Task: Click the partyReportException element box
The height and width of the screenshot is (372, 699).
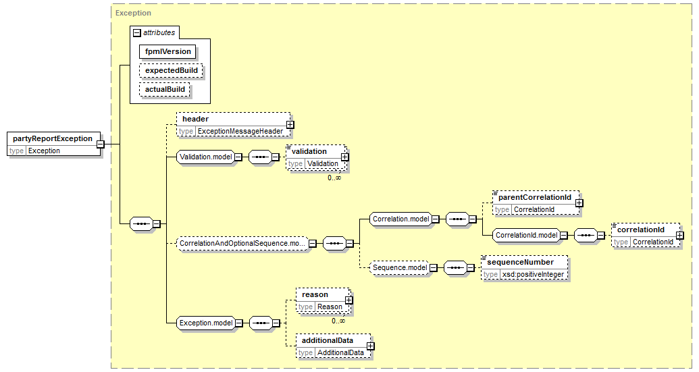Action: pos(54,144)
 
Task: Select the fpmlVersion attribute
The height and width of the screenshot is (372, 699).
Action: pos(167,52)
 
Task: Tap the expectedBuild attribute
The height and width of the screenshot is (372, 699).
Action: pos(171,70)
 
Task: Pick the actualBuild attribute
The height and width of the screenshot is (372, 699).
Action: pos(165,89)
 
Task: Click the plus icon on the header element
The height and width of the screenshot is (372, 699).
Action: pos(290,125)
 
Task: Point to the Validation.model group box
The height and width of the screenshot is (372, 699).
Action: pos(205,157)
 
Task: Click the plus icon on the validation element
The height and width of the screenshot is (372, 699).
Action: pos(344,157)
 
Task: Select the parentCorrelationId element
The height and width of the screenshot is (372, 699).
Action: pos(536,203)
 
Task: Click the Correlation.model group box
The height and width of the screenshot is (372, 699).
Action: pos(400,219)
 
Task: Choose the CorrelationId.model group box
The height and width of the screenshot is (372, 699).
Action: pos(527,235)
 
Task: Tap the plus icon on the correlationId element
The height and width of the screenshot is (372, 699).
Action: pos(680,235)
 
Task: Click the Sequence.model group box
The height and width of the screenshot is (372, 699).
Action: pos(400,268)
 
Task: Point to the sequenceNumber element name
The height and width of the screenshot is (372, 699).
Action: pos(520,263)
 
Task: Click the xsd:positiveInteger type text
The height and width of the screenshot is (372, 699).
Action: pos(533,274)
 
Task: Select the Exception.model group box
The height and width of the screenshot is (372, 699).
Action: pos(206,323)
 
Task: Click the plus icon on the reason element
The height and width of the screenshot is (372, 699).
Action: pos(348,300)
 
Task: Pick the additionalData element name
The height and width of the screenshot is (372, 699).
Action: pos(328,340)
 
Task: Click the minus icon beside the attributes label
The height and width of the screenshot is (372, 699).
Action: pos(137,33)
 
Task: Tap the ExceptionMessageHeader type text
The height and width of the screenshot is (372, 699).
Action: pos(240,132)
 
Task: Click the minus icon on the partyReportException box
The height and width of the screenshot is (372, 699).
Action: pos(101,144)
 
